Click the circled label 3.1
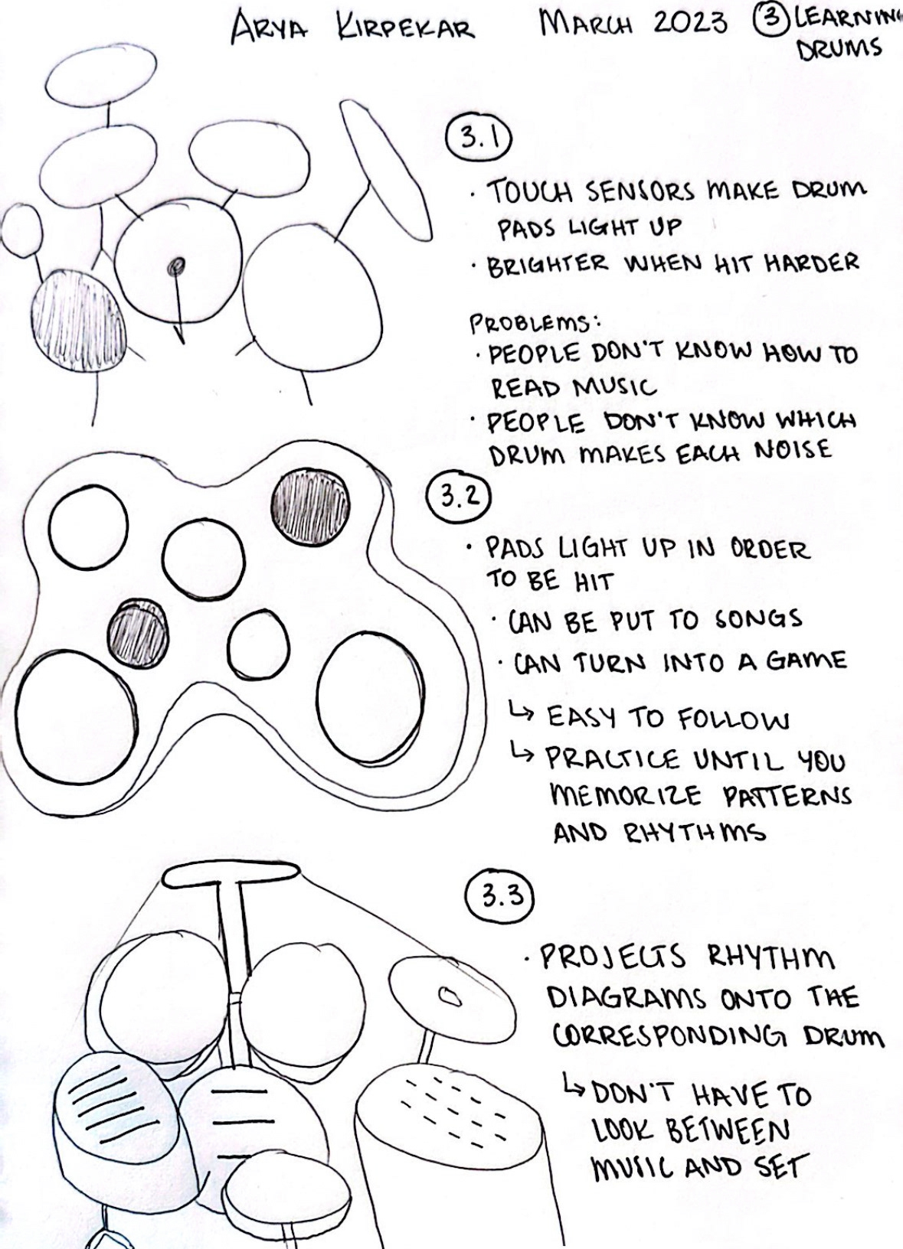[478, 139]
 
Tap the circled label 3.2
[458, 497]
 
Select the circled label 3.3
[499, 896]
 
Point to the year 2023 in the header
[690, 23]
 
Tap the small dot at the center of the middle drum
[176, 266]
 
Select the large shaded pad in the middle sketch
[310, 506]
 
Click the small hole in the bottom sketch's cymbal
[449, 996]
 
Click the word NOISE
[793, 450]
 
